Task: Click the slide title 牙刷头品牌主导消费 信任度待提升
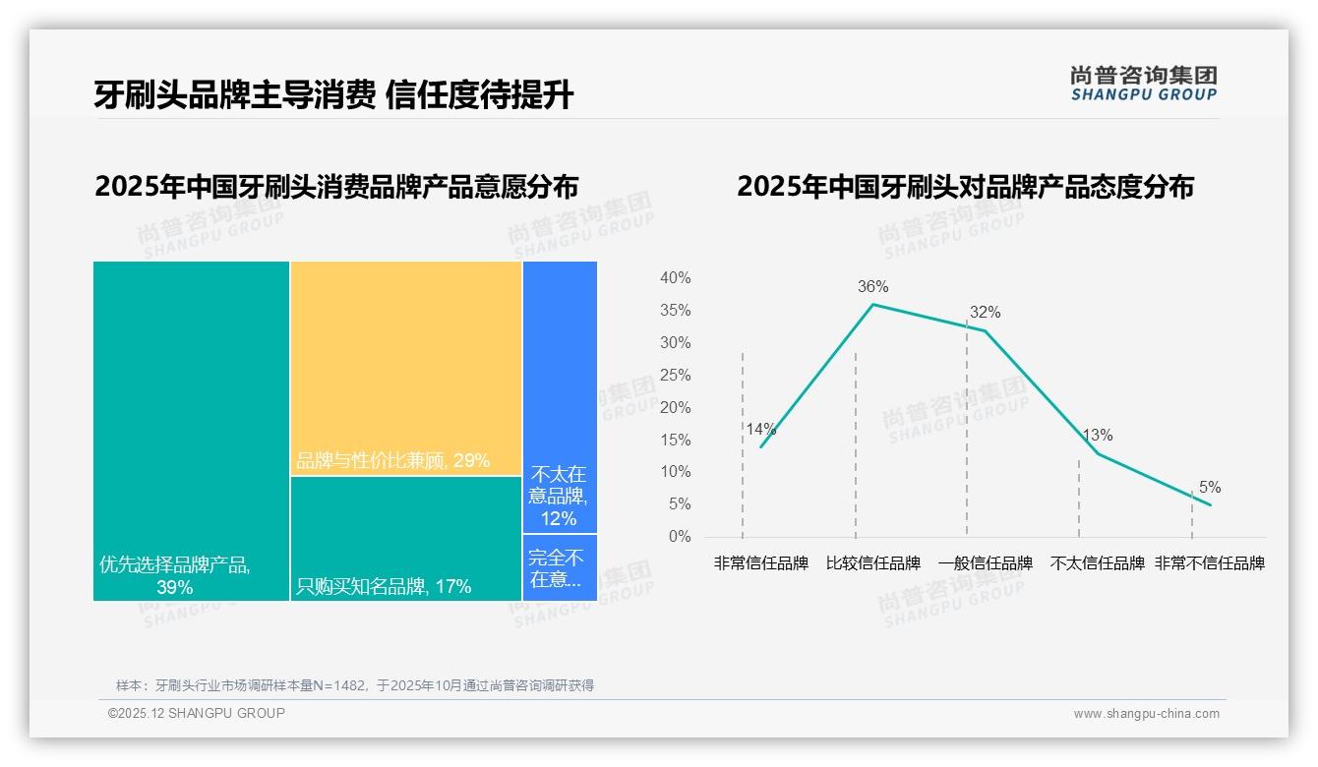point(333,94)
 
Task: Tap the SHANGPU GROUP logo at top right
point(1143,84)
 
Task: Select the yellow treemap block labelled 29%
point(405,368)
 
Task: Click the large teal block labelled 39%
point(191,431)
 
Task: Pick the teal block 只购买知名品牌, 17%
point(405,538)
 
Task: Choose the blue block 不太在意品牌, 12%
point(559,397)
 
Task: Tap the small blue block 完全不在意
point(559,567)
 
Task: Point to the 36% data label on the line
point(872,287)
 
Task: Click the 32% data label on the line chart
point(985,313)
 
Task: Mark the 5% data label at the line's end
point(1210,488)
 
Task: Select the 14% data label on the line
point(760,430)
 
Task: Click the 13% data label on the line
point(1097,436)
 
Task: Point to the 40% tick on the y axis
point(675,278)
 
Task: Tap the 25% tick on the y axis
point(675,376)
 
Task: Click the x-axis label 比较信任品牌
point(873,563)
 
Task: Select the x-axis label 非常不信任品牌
point(1209,563)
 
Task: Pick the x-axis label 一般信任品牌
point(985,563)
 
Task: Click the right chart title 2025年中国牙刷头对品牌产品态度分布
point(965,187)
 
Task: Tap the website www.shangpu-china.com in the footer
point(1146,714)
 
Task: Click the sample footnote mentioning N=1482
point(355,685)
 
